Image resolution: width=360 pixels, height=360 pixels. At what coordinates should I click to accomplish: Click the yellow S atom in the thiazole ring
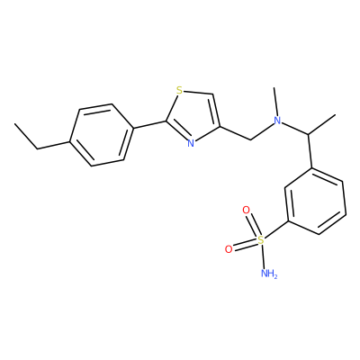(179, 90)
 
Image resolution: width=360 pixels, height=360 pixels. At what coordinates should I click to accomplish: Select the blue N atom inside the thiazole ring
(191, 143)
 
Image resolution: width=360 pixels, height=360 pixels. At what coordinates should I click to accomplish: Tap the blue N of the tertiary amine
(278, 121)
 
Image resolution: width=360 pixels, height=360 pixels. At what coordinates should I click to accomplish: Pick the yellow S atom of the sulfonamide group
(261, 239)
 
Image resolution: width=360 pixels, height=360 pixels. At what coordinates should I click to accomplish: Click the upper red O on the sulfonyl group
(246, 210)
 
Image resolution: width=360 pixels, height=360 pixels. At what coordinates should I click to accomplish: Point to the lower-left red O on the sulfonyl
(229, 249)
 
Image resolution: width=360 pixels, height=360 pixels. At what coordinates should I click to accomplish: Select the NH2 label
(269, 273)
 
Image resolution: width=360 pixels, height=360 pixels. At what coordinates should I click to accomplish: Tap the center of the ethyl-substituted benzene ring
(102, 135)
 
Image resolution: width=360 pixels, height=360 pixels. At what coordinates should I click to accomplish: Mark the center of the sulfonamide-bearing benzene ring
(315, 201)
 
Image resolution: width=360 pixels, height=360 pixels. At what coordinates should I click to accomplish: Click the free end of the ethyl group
(15, 123)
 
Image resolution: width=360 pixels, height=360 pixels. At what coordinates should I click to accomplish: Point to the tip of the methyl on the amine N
(274, 87)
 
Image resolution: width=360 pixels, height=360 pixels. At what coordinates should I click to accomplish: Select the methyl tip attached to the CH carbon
(335, 115)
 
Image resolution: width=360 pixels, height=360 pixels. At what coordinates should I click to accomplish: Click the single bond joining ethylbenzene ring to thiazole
(149, 125)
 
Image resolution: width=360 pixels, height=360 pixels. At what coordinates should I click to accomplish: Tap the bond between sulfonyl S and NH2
(263, 256)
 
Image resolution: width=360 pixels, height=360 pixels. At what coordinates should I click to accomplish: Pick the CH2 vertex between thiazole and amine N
(250, 139)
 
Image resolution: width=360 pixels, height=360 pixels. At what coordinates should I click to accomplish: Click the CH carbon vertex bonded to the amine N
(308, 134)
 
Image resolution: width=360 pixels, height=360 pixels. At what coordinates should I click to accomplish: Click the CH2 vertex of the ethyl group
(38, 148)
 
